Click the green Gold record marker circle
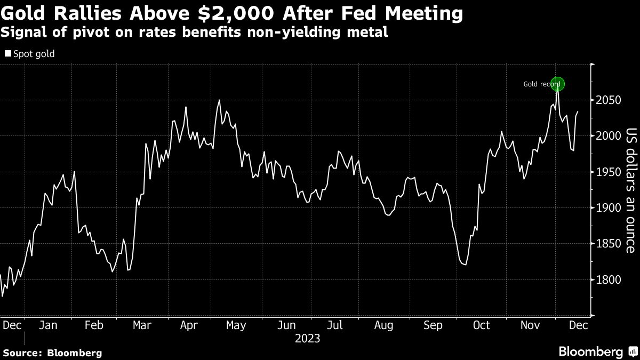click(557, 84)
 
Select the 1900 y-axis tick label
click(607, 208)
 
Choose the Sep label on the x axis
click(432, 325)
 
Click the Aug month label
click(384, 325)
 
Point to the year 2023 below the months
click(307, 338)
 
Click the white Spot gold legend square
click(8, 54)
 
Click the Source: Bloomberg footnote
click(52, 353)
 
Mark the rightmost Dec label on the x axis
click(579, 325)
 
